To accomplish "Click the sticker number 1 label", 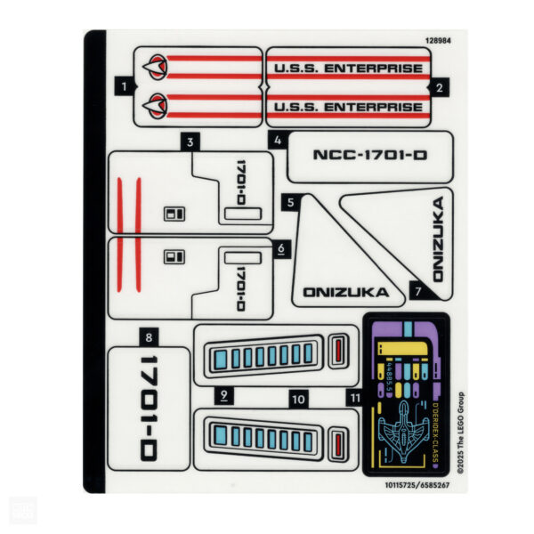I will click(x=125, y=86).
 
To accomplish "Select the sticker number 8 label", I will click(x=148, y=336).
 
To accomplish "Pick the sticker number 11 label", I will click(x=354, y=398).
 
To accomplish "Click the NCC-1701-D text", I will click(x=369, y=155).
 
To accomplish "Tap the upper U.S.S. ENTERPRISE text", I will click(x=347, y=67).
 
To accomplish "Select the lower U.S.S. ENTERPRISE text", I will click(x=347, y=108).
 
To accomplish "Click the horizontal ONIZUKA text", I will click(x=346, y=291).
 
